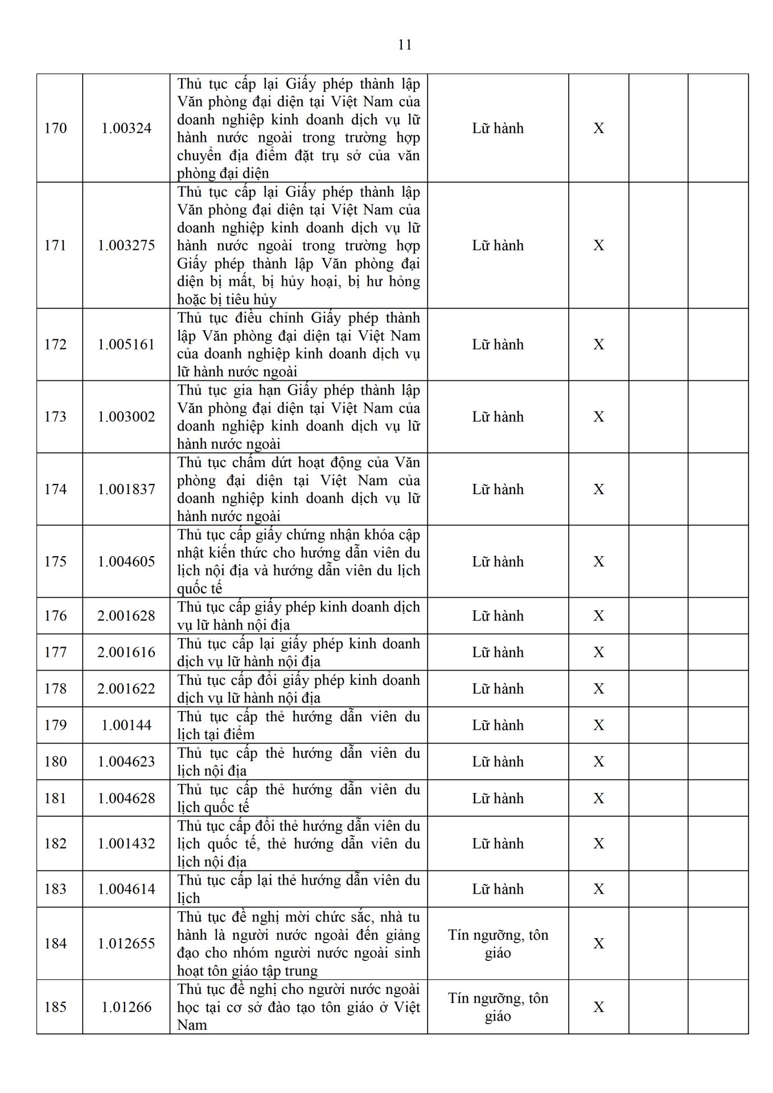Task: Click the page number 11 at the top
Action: (x=405, y=45)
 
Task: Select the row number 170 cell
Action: (x=55, y=128)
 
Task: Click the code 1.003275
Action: (x=126, y=245)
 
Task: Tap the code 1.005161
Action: (x=126, y=344)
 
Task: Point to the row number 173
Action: (x=55, y=417)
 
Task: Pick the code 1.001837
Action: (x=126, y=489)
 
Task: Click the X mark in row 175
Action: (x=598, y=561)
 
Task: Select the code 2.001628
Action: (x=126, y=615)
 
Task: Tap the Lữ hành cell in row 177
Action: (x=497, y=652)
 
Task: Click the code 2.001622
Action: (x=126, y=688)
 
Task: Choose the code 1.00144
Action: (x=126, y=725)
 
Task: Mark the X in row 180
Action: (x=598, y=761)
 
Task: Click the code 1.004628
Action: (x=126, y=798)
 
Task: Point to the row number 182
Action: (x=55, y=843)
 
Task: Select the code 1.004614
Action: (x=126, y=889)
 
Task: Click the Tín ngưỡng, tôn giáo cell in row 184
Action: (x=497, y=943)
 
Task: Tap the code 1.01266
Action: (x=126, y=1006)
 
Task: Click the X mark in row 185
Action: (x=598, y=1006)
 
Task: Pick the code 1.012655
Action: (x=126, y=943)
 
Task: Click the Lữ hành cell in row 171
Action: (x=497, y=245)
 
